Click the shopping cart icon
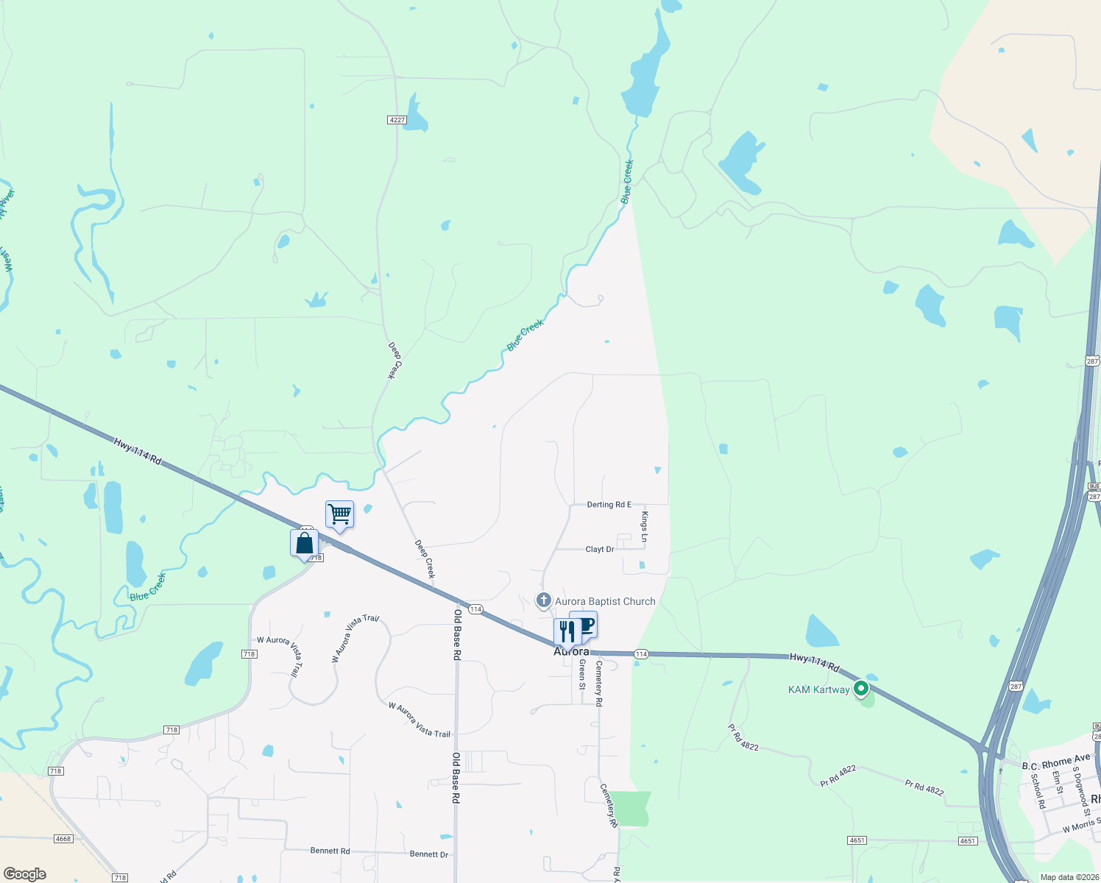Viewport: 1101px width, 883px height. [339, 514]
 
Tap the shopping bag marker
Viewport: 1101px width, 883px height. [304, 544]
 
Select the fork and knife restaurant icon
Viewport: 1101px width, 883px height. [566, 632]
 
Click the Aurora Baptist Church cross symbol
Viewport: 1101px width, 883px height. [544, 600]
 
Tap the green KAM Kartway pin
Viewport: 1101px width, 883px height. [860, 689]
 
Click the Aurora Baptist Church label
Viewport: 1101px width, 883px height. [605, 601]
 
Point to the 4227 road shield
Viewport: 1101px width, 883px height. [397, 119]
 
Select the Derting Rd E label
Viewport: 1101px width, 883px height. [609, 505]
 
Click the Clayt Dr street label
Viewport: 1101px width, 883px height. [600, 550]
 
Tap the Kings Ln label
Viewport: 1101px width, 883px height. [644, 527]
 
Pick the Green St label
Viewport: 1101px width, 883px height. [582, 674]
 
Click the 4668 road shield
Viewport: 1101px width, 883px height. [63, 838]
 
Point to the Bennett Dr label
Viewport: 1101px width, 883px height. [429, 854]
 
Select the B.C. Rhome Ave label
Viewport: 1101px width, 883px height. [1056, 762]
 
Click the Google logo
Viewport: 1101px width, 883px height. [25, 874]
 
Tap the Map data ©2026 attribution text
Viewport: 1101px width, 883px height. [1067, 877]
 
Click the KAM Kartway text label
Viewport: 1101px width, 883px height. [818, 689]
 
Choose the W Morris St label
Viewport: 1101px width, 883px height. [1081, 825]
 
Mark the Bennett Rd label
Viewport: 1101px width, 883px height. [330, 851]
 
